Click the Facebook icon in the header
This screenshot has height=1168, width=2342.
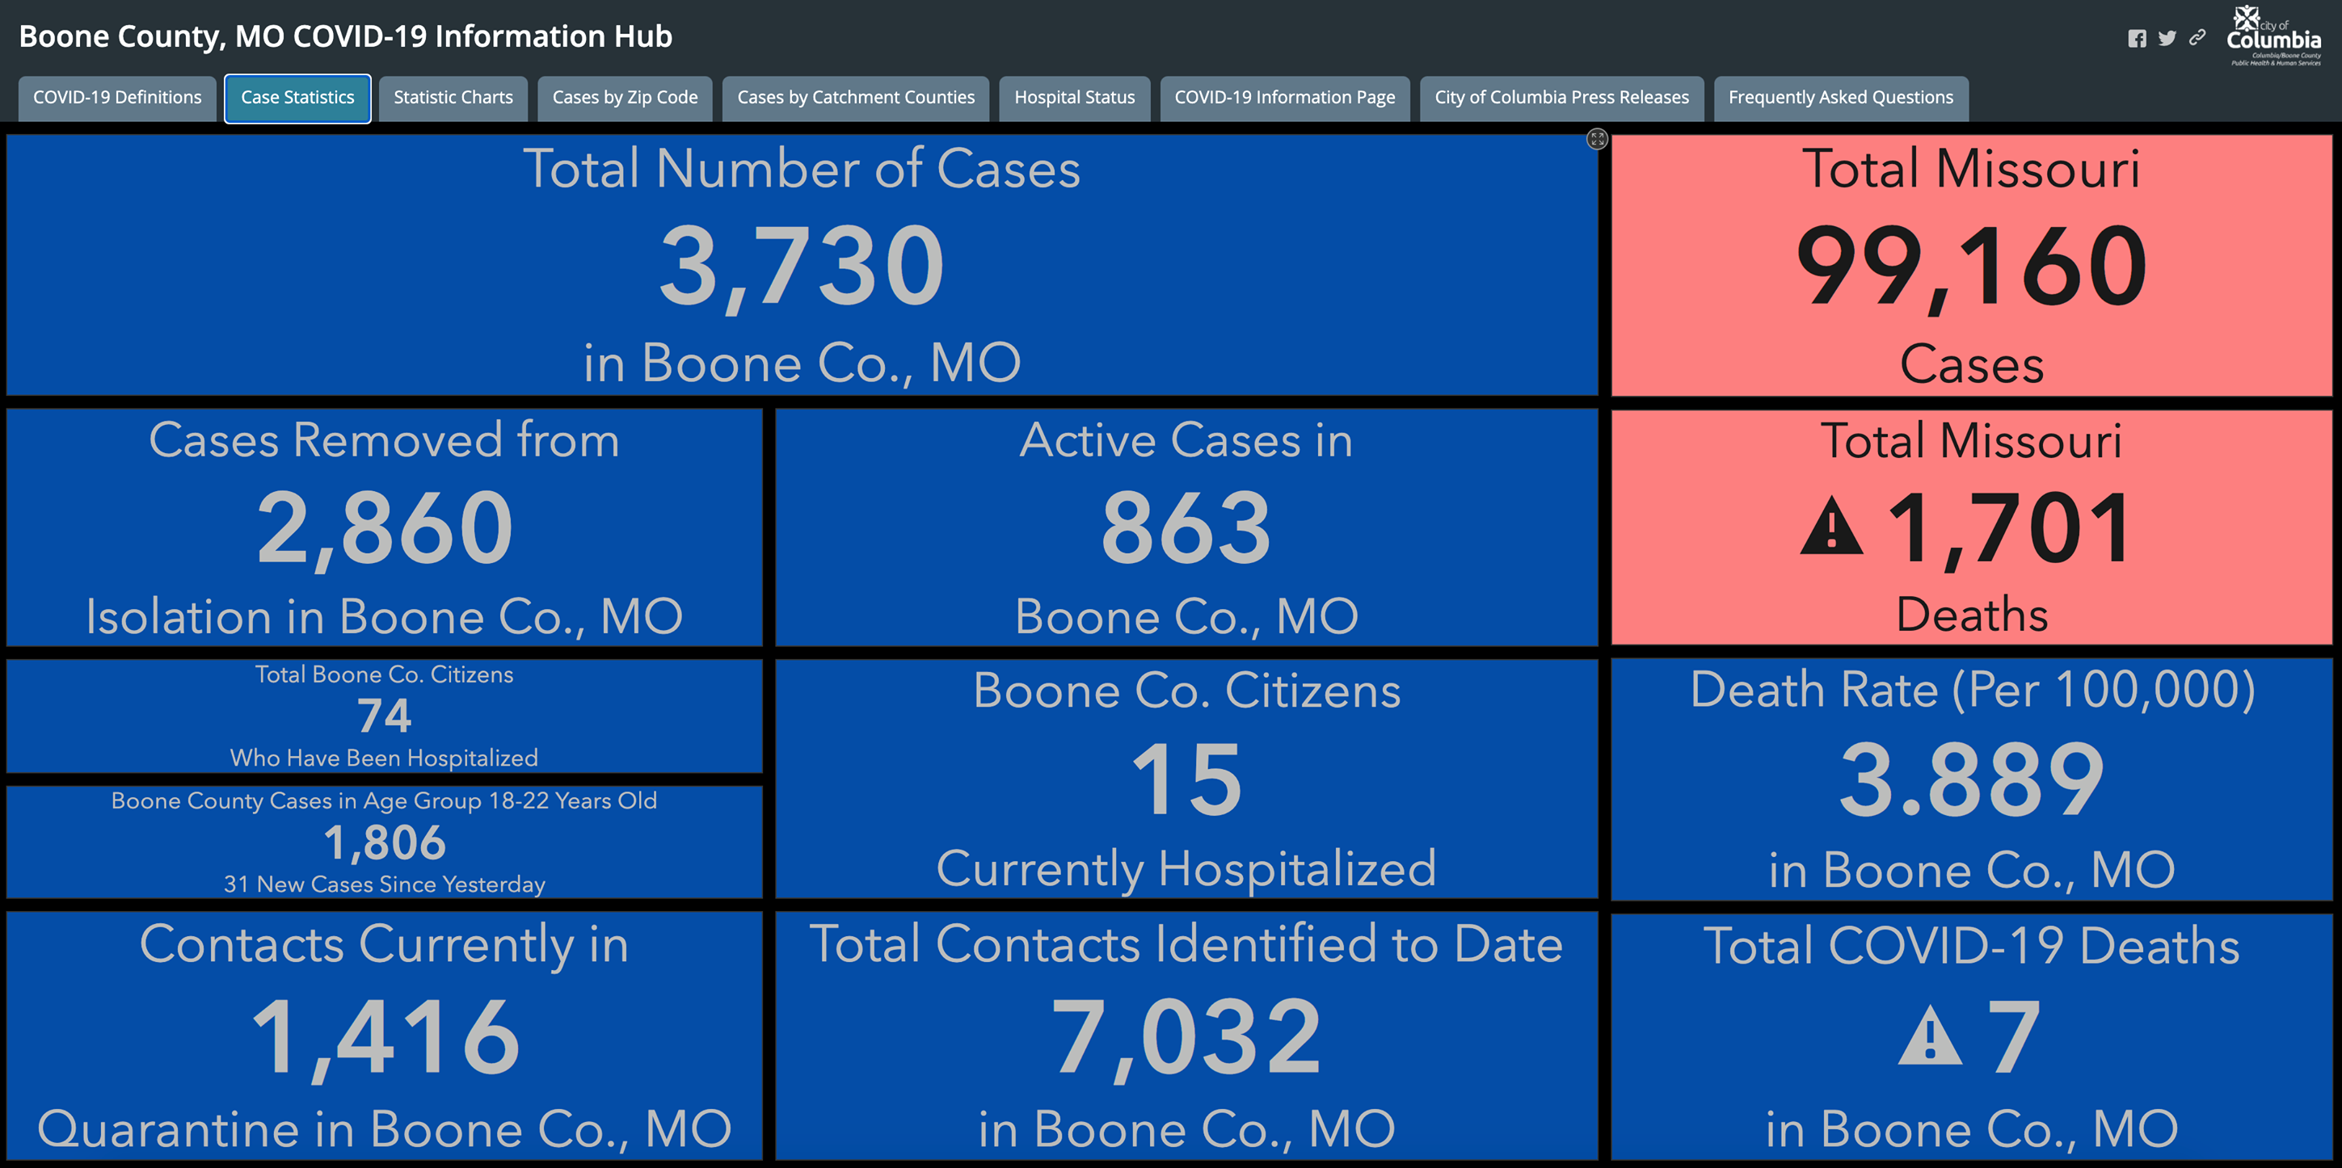2137,38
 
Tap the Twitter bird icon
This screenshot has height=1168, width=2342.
2167,38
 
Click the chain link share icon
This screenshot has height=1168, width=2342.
2197,37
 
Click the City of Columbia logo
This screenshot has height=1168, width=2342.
2274,36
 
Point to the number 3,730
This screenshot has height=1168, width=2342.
802,267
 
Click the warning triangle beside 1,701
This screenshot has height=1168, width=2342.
1831,527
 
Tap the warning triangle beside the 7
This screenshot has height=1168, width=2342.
1929,1038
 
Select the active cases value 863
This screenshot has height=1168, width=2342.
1186,527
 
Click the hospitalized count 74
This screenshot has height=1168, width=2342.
384,716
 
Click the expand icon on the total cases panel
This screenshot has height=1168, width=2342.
1598,139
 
